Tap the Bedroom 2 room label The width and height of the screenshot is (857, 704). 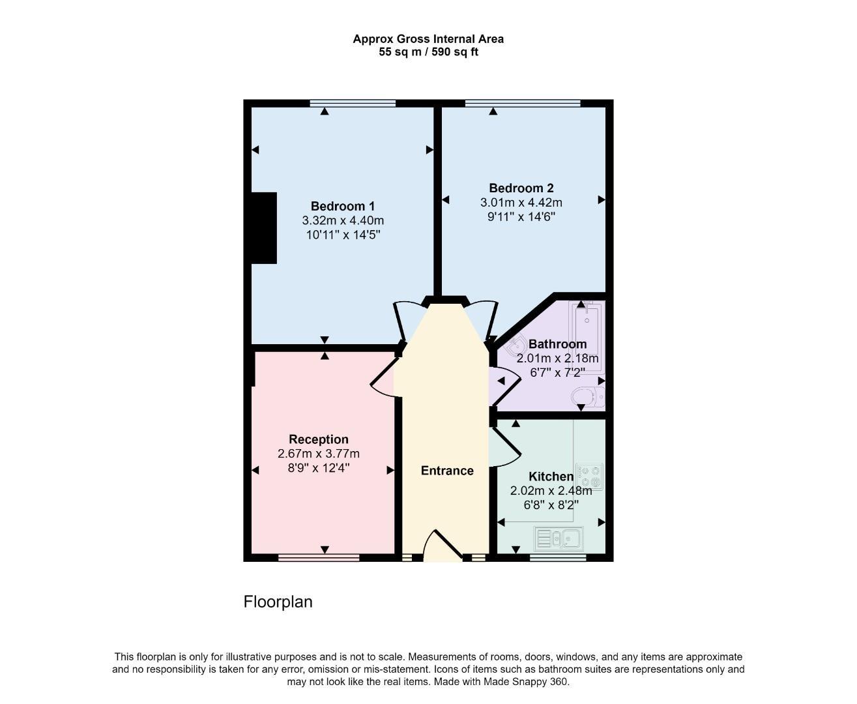(521, 188)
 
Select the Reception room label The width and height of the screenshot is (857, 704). (319, 439)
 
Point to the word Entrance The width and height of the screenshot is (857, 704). (447, 471)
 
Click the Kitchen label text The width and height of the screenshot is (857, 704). (551, 477)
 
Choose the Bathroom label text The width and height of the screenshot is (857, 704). (557, 344)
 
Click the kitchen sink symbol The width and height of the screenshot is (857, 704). (559, 538)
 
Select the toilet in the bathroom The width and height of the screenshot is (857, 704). (588, 396)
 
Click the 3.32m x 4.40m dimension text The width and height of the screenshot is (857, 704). (343, 221)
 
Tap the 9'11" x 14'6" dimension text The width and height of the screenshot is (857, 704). (521, 217)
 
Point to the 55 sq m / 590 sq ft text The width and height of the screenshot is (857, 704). (428, 52)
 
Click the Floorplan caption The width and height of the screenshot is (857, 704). (278, 602)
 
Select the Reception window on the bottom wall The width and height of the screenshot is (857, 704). (319, 558)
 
